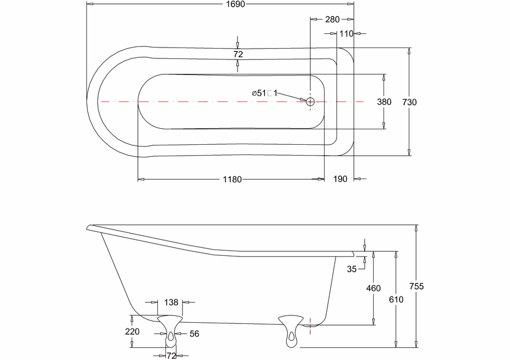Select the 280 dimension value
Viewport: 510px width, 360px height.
[332, 19]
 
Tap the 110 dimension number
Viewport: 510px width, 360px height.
[346, 34]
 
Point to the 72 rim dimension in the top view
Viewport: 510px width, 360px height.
[238, 54]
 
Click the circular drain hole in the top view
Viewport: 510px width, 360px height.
[310, 101]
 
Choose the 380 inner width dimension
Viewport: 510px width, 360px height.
[384, 102]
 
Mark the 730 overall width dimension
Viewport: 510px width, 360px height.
[409, 102]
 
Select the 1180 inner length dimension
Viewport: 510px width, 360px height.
[232, 179]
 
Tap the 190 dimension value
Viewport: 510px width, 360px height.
[340, 179]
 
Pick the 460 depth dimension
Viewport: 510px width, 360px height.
[373, 288]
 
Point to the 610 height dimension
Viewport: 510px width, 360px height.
[396, 299]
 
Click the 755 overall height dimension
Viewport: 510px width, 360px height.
[417, 287]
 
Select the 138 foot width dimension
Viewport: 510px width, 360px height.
[171, 302]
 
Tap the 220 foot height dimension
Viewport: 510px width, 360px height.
[133, 331]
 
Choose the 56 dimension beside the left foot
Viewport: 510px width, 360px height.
[194, 333]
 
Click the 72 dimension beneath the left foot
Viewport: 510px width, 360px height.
[171, 355]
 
